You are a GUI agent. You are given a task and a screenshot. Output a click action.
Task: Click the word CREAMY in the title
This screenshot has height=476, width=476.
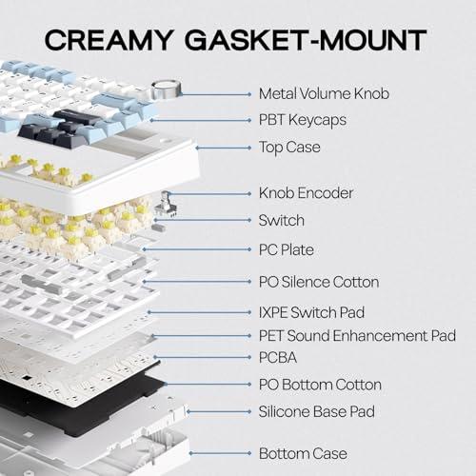point(109,40)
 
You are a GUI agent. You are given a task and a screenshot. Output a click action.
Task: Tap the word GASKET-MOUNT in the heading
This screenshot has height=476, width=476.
point(306,40)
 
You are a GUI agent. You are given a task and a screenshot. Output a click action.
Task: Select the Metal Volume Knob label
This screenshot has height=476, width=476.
point(324,93)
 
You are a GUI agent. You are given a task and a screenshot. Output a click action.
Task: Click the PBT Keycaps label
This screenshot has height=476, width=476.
point(303,120)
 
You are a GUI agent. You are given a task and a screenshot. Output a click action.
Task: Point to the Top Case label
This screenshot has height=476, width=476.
point(289,148)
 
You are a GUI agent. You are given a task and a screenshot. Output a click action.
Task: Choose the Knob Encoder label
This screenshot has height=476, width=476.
point(306,193)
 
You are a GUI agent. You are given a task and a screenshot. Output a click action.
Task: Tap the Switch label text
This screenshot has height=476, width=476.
point(282,220)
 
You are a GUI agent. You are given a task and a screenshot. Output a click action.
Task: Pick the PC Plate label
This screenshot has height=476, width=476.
point(287,249)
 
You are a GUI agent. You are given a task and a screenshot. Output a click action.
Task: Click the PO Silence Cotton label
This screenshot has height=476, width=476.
point(319,282)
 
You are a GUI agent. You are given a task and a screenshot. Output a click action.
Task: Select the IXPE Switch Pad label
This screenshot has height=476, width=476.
point(311,312)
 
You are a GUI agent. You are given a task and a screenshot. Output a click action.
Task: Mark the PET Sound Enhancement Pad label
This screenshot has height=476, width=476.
point(357,336)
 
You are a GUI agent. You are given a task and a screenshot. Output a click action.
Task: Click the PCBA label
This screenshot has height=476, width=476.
point(278,358)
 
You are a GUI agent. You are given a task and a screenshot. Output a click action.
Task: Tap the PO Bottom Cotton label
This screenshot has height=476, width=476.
point(320,385)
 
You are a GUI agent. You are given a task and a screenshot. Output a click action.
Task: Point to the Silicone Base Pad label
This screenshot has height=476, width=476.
point(317,411)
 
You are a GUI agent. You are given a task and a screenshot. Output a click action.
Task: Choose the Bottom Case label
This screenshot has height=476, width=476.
point(303,453)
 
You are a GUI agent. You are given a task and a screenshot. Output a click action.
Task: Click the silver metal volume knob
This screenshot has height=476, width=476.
point(166,89)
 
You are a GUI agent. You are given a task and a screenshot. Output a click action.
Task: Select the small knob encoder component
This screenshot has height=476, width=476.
point(166,205)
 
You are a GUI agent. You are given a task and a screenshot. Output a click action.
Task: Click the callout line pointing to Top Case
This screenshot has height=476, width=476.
point(224,148)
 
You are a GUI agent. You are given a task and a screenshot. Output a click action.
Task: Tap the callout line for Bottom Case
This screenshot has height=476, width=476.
point(221,453)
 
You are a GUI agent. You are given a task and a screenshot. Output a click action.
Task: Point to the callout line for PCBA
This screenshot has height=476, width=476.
point(203,357)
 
